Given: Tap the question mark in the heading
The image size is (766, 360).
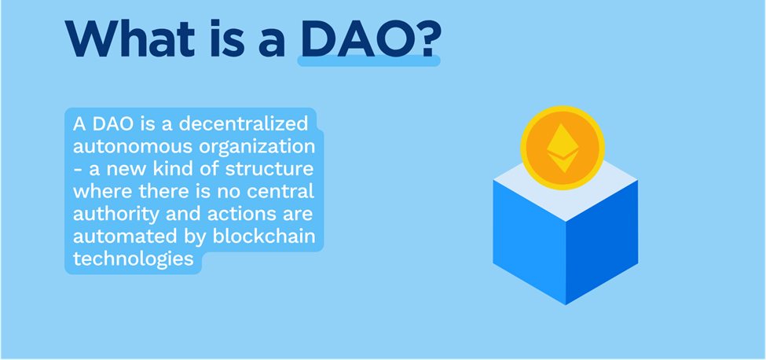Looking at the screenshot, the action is pyautogui.click(x=424, y=39).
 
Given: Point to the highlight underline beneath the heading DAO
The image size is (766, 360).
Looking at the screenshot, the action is pyautogui.click(x=368, y=61).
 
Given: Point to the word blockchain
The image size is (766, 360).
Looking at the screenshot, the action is pyautogui.click(x=264, y=236).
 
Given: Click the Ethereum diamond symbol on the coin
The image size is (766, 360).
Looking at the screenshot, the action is pyautogui.click(x=563, y=148).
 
